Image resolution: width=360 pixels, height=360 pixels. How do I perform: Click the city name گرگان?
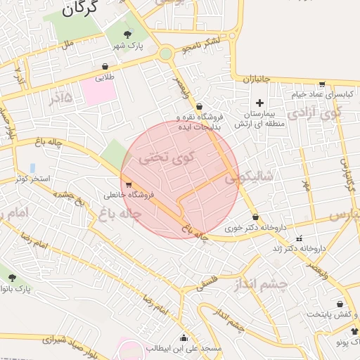click(78, 9)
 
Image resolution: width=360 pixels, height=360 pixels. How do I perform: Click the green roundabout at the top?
click(166, 53)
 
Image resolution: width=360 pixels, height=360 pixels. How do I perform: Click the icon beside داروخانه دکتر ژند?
click(300, 238)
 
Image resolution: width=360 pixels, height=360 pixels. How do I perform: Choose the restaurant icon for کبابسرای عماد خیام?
click(321, 84)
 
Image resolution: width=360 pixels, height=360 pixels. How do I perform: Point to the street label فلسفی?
click(210, 283)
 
